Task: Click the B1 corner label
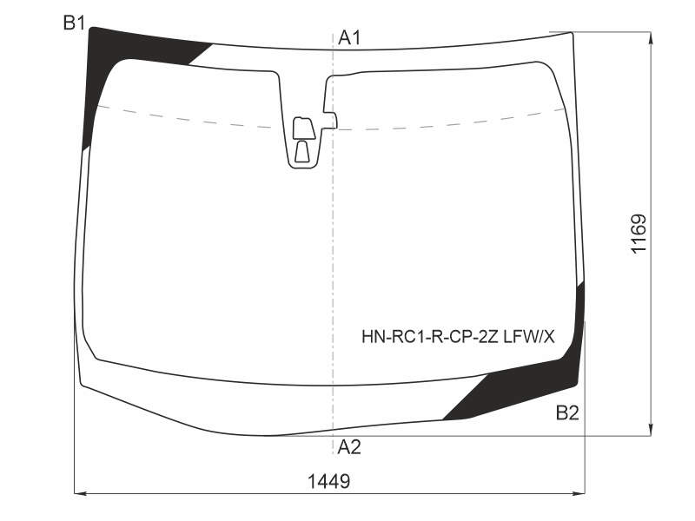(74, 23)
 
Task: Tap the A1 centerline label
(349, 38)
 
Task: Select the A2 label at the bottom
(349, 447)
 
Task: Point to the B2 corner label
(567, 413)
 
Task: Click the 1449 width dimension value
(329, 481)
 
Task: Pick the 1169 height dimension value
(639, 234)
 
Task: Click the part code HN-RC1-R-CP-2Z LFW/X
(458, 338)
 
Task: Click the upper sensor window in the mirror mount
(303, 129)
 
